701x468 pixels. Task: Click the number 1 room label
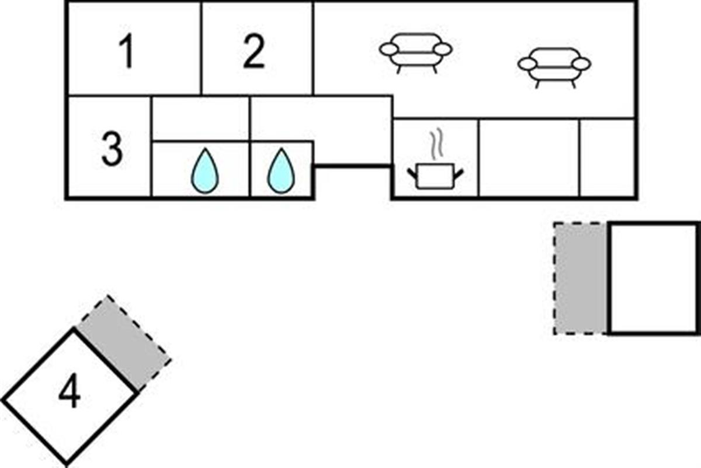pos(127,51)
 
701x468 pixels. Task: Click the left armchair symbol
pos(415,51)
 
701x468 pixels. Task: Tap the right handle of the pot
pos(458,173)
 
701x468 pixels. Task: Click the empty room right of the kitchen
pos(529,158)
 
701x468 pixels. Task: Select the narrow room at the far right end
pos(608,158)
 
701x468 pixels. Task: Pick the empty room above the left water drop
pos(200,118)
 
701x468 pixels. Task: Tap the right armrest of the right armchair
pos(582,63)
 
